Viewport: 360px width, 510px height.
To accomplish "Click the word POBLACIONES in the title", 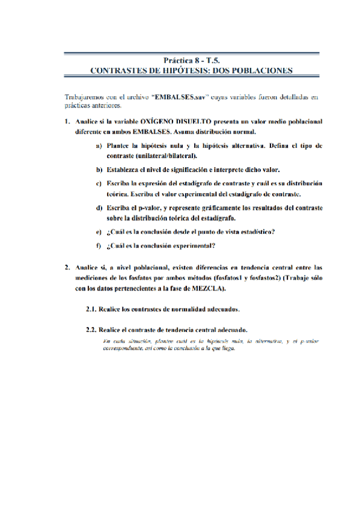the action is (x=259, y=70).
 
